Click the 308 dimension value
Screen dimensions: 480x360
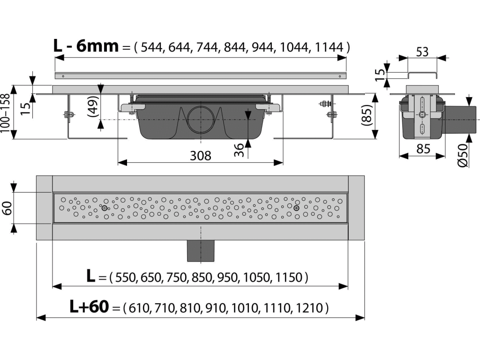tap(201, 156)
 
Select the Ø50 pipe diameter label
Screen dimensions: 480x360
tap(463, 155)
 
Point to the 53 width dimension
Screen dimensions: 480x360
tap(422, 52)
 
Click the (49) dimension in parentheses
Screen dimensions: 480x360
tap(94, 106)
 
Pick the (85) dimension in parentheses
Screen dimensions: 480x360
tap(367, 115)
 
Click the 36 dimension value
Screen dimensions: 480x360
tap(239, 150)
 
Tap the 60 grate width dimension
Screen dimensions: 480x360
tap(7, 208)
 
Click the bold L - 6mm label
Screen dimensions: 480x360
tap(86, 46)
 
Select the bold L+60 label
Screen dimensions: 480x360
tap(89, 307)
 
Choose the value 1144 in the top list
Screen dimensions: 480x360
tap(329, 47)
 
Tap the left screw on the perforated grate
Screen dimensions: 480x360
tap(105, 209)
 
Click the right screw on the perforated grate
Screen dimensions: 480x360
tap(296, 208)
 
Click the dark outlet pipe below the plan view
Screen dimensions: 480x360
tap(201, 251)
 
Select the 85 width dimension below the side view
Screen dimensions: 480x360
tap(423, 149)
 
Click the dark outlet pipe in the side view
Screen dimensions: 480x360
tap(459, 119)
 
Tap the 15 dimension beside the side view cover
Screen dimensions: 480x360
tap(380, 75)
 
